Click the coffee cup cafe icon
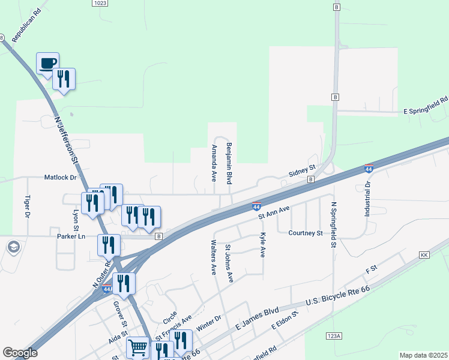pos(48,63)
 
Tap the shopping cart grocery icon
pos(137,347)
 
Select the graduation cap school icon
pos(13,247)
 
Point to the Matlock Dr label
pos(61,178)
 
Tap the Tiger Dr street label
pos(28,206)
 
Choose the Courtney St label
pos(306,233)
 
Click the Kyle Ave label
pos(262,245)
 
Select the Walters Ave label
pos(213,257)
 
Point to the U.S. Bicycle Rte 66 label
pos(339,296)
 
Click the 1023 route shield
pos(100,3)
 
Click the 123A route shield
pos(334,336)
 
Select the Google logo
pos(20,353)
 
